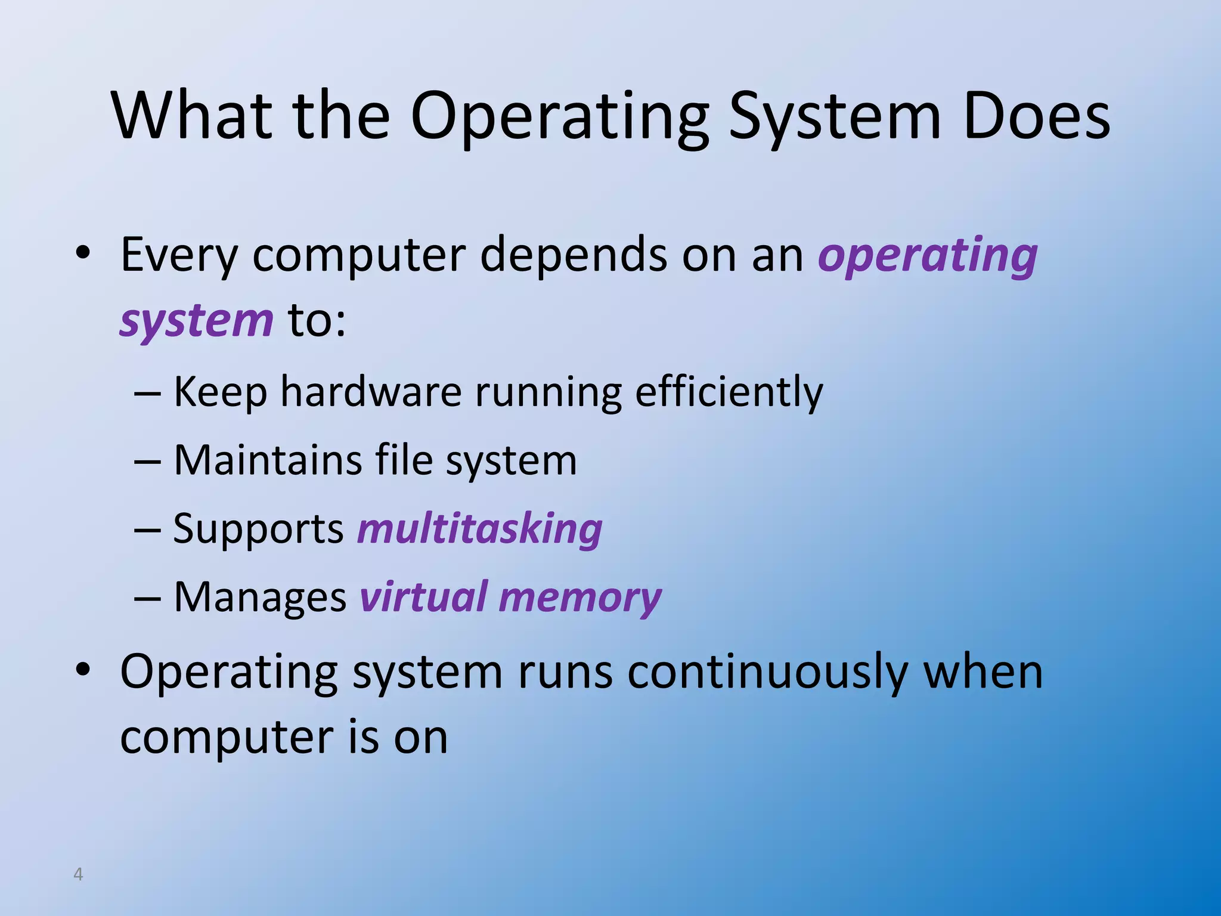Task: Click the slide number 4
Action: coord(78,874)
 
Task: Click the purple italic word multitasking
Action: coord(479,529)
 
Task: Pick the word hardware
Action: coord(371,392)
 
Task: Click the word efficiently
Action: coord(729,393)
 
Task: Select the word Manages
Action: coord(260,598)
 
